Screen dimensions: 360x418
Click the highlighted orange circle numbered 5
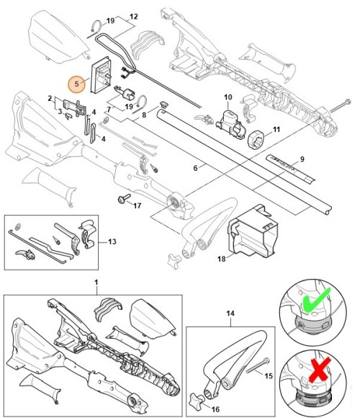(77, 84)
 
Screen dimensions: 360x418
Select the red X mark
(320, 370)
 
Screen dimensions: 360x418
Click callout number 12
(134, 17)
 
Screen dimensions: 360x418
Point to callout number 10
(228, 97)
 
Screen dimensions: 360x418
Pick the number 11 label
(276, 129)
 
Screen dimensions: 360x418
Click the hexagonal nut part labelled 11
(256, 138)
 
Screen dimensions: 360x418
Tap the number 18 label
(222, 258)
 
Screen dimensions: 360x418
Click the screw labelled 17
(124, 198)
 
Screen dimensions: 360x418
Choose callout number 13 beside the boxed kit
(112, 241)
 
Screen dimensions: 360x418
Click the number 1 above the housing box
(96, 282)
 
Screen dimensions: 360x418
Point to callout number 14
(230, 313)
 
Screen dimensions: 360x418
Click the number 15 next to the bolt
(269, 375)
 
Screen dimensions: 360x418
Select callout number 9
(302, 159)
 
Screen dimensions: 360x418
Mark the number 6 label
(195, 168)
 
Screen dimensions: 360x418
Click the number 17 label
(137, 205)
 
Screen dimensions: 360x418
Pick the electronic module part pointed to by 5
(102, 75)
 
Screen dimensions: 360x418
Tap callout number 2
(50, 98)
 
